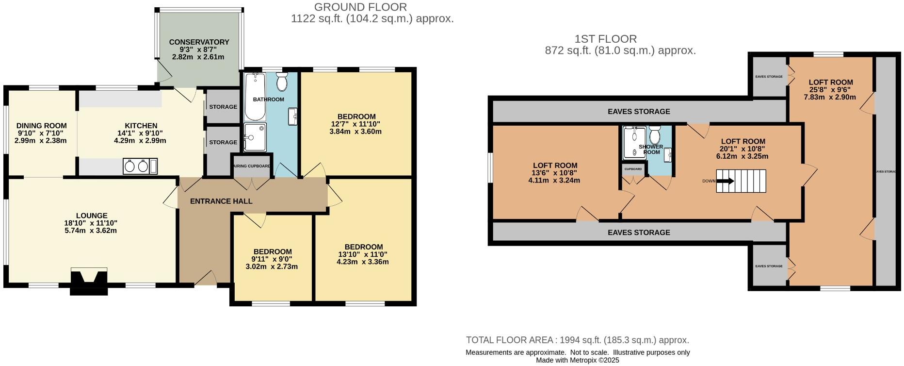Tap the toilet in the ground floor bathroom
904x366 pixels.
pos(282,82)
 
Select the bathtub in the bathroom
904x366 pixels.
pos(255,97)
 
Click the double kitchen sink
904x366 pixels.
pos(136,166)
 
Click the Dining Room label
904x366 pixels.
pos(42,126)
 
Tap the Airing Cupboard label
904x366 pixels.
pos(252,166)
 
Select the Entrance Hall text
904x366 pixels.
pos(221,201)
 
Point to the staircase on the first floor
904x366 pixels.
pos(741,181)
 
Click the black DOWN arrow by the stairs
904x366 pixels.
pos(725,181)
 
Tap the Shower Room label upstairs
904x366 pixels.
pos(651,149)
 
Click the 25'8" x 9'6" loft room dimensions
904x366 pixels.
pos(830,90)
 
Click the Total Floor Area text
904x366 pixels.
pos(577,340)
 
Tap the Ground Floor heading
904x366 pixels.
pos(360,7)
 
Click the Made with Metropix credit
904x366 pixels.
pos(577,360)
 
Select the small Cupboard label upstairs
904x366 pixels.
pos(633,169)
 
